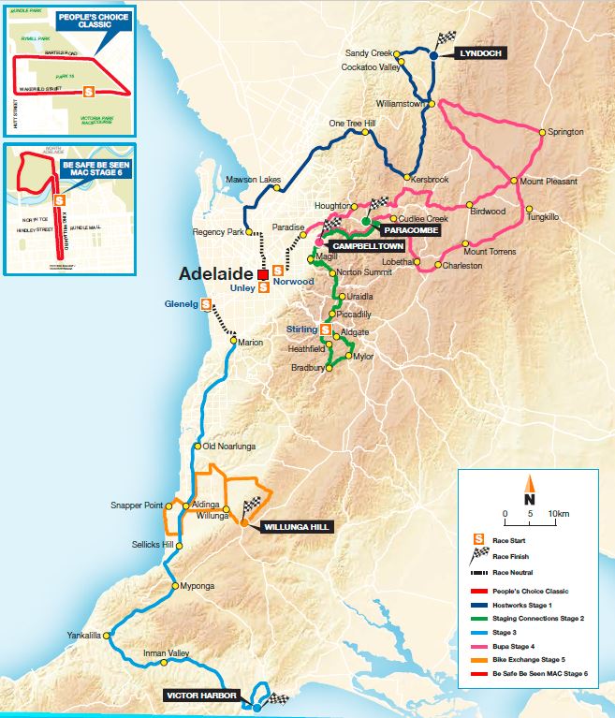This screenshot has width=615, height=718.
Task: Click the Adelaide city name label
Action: pos(217,273)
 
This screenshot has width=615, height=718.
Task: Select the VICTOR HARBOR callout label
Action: pos(199,696)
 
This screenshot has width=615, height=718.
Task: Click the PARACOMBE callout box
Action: pos(410,227)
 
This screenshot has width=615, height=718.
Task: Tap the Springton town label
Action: pos(565,133)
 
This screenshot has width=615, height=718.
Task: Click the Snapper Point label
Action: pos(136,506)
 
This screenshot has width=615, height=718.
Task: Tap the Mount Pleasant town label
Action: pos(551,181)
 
